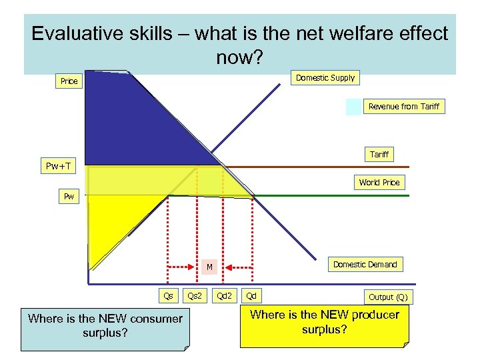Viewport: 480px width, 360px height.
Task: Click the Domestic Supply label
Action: pos(325,78)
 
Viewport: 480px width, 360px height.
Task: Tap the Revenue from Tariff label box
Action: pos(403,107)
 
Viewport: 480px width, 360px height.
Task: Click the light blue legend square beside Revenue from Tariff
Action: pos(353,107)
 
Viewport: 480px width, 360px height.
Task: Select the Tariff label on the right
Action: pos(379,155)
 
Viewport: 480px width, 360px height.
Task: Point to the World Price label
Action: pos(379,183)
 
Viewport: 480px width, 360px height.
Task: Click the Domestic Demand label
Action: pos(365,265)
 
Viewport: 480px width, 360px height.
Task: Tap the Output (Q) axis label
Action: pos(387,297)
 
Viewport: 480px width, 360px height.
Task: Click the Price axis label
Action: pos(69,81)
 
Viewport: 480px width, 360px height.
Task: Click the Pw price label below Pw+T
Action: pos(69,197)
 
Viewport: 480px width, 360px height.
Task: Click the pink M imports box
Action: pos(209,267)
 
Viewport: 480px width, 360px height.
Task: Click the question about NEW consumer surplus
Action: pos(105,326)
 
